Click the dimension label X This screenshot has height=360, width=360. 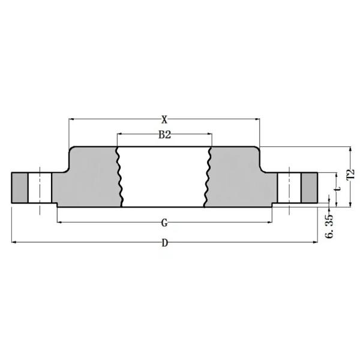(164, 119)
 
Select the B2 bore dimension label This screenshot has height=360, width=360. (164, 135)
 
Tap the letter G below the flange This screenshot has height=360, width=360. (164, 223)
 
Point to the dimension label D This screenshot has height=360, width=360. (164, 243)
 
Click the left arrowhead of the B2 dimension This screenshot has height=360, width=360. (119, 134)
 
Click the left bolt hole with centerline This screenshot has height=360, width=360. (40, 188)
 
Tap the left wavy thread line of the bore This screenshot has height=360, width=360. (119, 177)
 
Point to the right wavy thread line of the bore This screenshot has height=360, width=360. (209, 177)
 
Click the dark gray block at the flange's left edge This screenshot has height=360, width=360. (19, 188)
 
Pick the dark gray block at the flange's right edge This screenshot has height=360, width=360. (310, 188)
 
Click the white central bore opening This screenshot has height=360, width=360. (164, 177)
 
